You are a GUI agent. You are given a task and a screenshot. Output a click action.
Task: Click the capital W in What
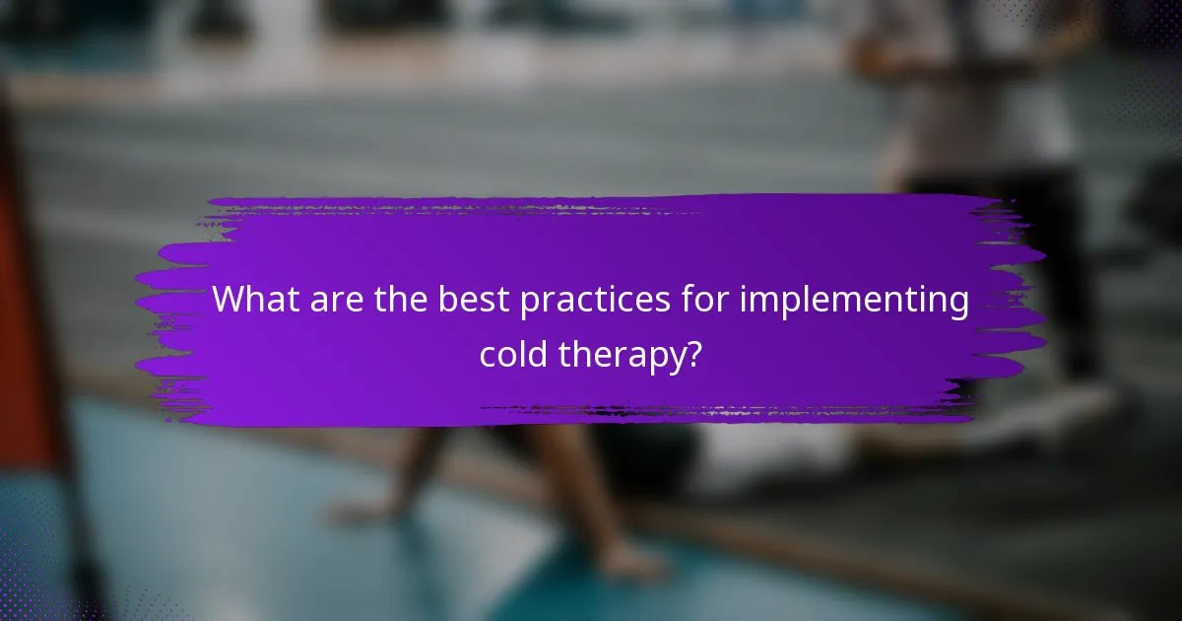pos(230,300)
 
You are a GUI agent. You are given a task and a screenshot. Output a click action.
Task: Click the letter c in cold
pos(488,354)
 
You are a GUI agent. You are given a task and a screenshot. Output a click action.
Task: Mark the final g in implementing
pos(958,305)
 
